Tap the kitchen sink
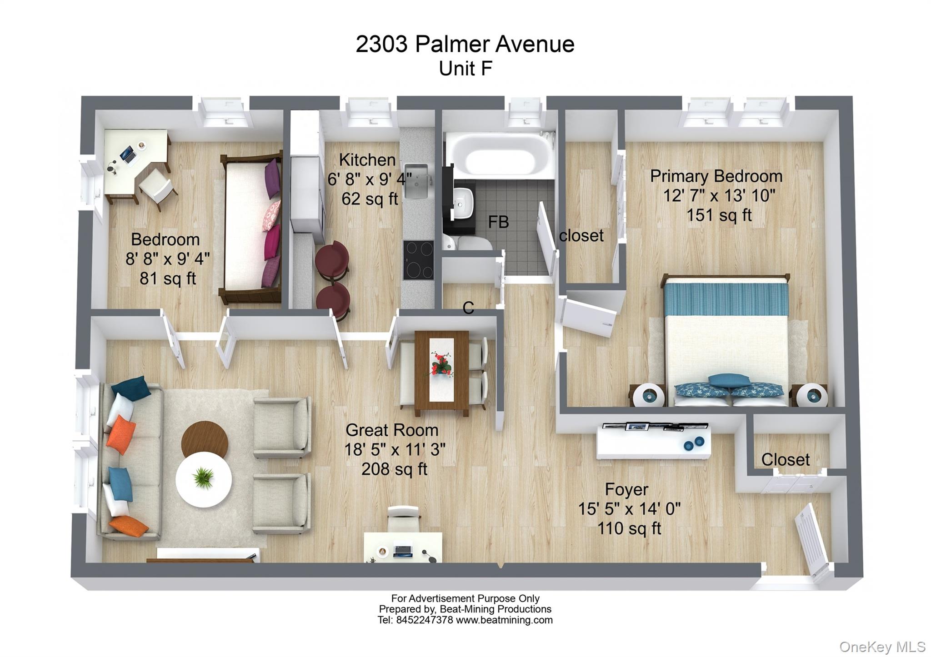(x=416, y=182)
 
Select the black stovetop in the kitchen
(x=418, y=260)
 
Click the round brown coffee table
(x=205, y=438)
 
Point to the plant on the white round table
(x=203, y=478)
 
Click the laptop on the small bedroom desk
(x=128, y=154)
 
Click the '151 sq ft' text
(x=719, y=215)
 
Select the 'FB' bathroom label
(x=498, y=222)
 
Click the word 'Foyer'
(x=626, y=490)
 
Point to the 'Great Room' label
(x=392, y=430)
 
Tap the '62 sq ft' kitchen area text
(x=370, y=199)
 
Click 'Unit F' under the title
(x=465, y=69)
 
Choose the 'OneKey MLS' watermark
(x=882, y=647)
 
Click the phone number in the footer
(x=424, y=620)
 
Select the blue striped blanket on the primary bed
(x=726, y=298)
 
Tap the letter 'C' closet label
(x=468, y=308)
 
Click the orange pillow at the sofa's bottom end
(x=128, y=526)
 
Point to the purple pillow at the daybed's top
(x=272, y=178)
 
